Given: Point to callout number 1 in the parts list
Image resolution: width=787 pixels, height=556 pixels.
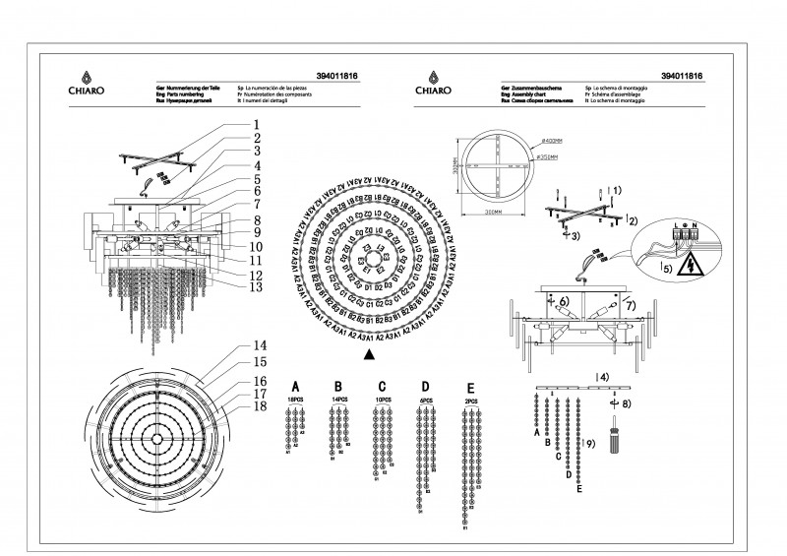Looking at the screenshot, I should pos(255,125).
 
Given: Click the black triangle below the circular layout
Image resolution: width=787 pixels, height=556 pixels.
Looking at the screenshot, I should pos(368,351).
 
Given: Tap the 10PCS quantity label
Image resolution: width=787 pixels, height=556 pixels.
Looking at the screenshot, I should pos(383,401).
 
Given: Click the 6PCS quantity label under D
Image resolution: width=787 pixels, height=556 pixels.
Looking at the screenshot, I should pos(425,401).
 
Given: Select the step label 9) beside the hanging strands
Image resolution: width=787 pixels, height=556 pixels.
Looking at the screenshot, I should pos(589,444).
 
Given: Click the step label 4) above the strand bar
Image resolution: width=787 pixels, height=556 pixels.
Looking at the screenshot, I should pos(602,376).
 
